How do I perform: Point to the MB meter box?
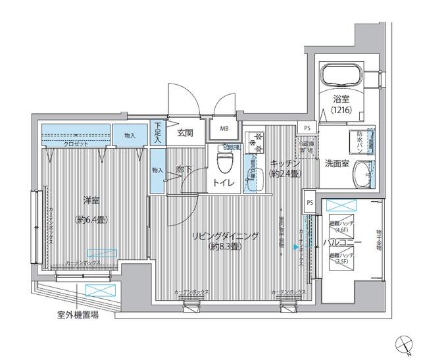225,129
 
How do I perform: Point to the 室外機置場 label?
78,315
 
